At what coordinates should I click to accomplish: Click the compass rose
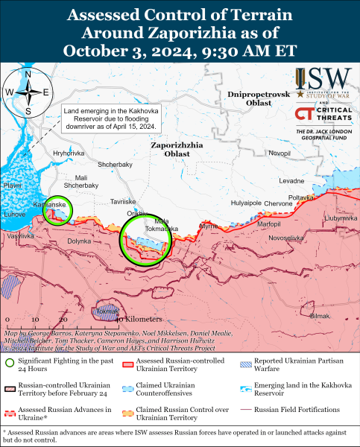point(28,92)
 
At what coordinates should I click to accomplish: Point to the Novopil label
point(280,153)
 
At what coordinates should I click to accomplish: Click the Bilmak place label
point(319,316)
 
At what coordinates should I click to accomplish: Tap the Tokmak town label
point(107,311)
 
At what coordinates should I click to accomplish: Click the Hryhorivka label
point(68,153)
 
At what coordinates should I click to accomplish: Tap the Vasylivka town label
point(20,235)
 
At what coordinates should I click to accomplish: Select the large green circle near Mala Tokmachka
point(145,238)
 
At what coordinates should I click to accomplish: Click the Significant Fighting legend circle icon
point(9,364)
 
